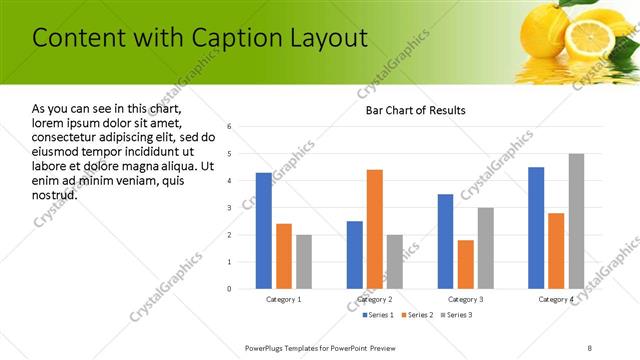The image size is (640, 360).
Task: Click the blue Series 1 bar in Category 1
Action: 264,231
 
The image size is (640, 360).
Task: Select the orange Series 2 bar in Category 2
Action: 375,229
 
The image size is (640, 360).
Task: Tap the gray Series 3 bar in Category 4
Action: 576,221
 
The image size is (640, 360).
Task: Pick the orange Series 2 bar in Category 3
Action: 466,264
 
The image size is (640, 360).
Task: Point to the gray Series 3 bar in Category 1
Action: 304,262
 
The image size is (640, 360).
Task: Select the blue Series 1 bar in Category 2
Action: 355,255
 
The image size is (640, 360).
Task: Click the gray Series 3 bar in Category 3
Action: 486,248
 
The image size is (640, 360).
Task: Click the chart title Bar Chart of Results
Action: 415,110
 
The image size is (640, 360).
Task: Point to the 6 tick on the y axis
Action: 230,127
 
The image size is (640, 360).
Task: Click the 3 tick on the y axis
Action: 230,208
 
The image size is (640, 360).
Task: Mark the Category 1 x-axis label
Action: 284,299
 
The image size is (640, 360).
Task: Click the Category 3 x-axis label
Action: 466,299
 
